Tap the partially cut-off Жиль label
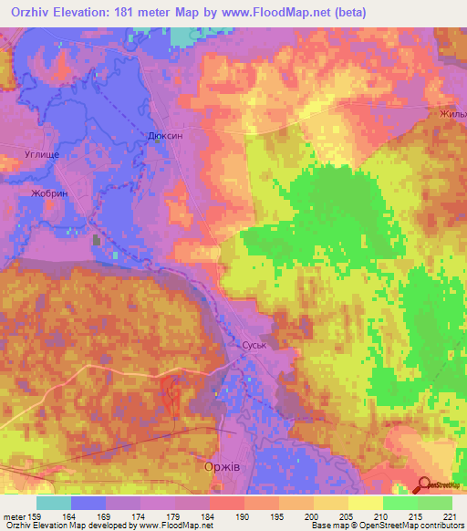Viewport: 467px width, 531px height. click(x=452, y=114)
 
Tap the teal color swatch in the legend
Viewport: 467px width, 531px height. click(x=53, y=503)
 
